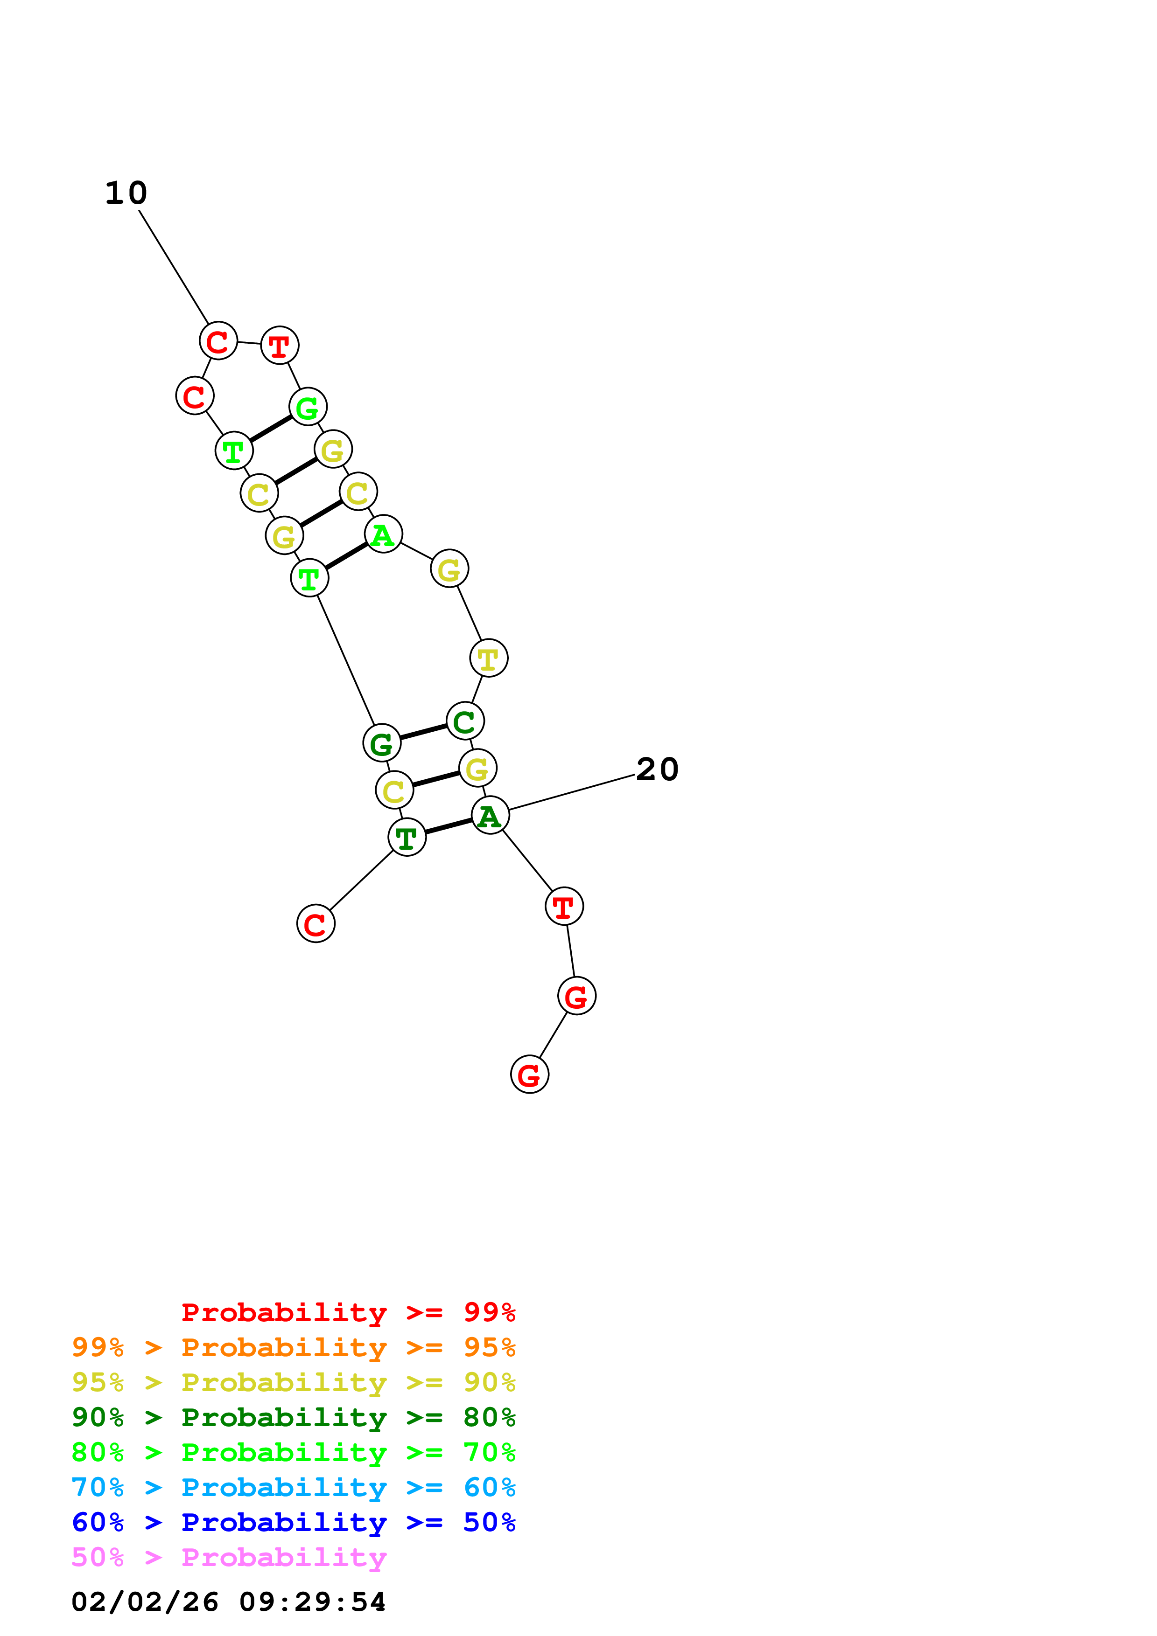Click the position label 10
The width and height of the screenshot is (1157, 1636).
tap(126, 193)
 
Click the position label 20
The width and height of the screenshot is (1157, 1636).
tap(657, 769)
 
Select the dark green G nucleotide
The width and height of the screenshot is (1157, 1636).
tap(381, 743)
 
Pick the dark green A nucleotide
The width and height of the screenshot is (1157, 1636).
tap(490, 815)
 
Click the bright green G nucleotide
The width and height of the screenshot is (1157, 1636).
tap(307, 408)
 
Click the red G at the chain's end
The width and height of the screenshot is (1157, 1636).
tap(529, 1074)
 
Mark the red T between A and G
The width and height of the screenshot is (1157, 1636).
tap(564, 906)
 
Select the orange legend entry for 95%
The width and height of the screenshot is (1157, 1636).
tap(293, 1347)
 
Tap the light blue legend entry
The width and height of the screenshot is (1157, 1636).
tap(293, 1487)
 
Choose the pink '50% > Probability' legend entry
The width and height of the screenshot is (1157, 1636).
tap(229, 1557)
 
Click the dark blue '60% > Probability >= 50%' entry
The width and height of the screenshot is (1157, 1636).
tap(293, 1522)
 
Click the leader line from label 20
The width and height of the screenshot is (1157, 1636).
tap(570, 792)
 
